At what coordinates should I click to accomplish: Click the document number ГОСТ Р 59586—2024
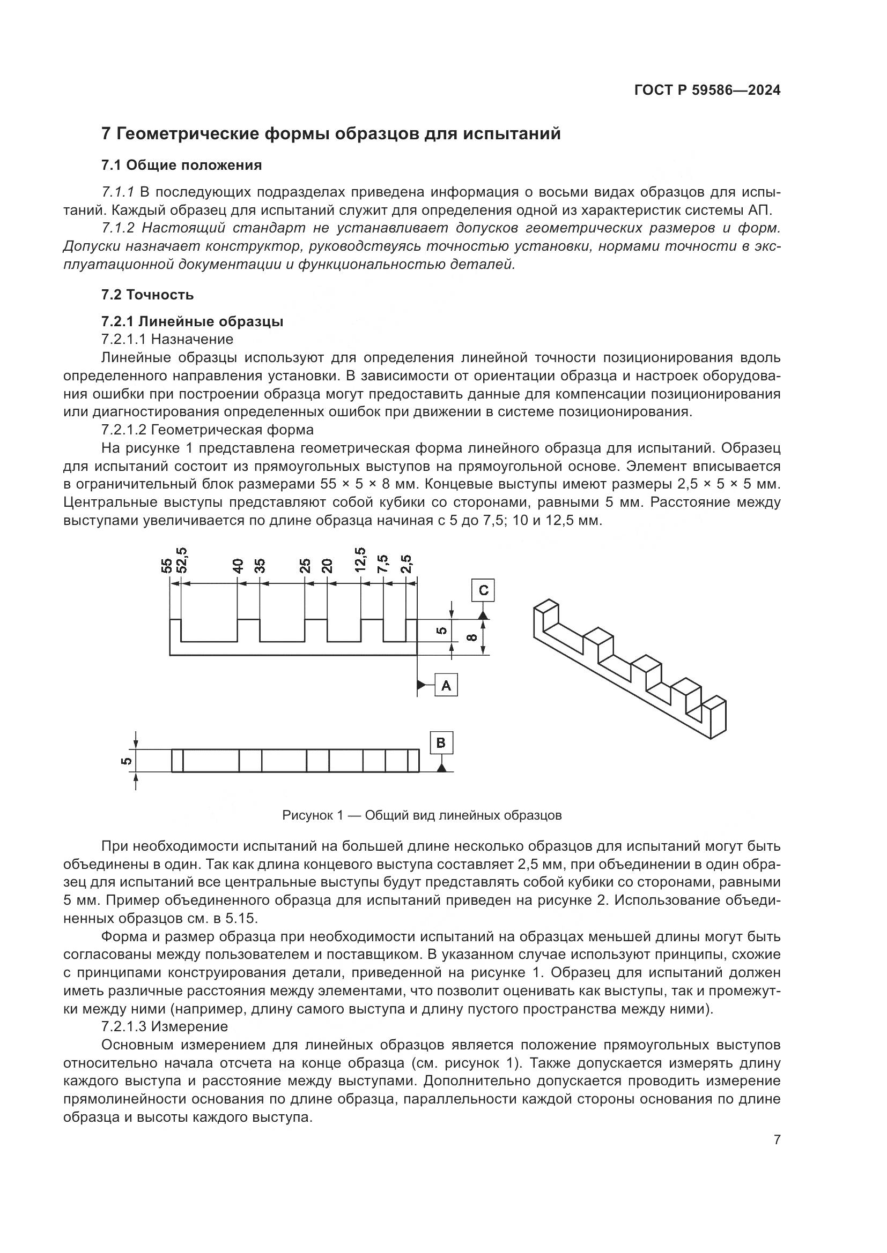point(707,91)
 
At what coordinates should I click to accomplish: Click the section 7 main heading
point(331,134)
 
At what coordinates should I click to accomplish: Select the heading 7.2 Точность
point(147,295)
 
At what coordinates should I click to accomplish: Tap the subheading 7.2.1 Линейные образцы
point(193,321)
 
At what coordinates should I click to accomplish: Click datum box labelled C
point(483,590)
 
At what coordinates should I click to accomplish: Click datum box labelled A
point(446,685)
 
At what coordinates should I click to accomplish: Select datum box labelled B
point(441,744)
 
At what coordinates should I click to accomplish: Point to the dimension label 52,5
point(182,560)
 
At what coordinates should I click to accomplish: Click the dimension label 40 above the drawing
point(238,565)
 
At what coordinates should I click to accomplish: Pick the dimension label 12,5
point(360,560)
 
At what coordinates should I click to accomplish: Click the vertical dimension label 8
point(474,637)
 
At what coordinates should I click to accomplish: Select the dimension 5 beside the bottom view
point(125,761)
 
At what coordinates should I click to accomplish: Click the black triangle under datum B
point(441,768)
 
